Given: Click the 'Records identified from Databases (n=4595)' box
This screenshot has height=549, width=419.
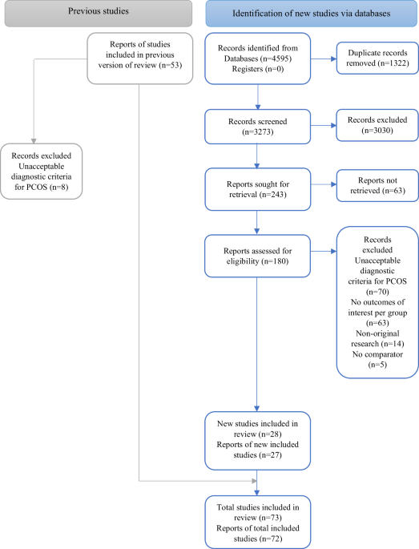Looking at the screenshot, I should (x=256, y=58).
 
